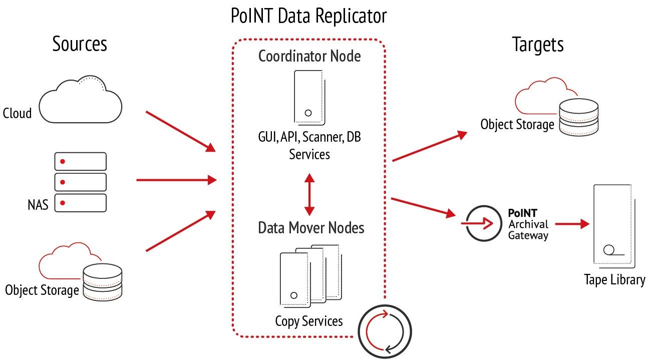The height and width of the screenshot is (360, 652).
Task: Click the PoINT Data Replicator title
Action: click(308, 16)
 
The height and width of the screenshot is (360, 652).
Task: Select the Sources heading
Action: click(80, 44)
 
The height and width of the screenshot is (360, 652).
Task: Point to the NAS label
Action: click(38, 204)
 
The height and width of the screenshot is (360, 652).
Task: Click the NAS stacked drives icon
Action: click(80, 182)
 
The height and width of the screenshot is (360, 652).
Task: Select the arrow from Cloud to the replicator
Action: click(180, 131)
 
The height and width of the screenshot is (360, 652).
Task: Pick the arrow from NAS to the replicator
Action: click(176, 179)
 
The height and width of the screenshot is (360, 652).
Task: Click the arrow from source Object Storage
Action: click(180, 231)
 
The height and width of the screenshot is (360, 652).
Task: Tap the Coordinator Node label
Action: click(309, 56)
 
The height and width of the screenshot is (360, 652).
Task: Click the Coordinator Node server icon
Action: click(308, 97)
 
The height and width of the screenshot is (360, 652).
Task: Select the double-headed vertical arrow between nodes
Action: click(309, 194)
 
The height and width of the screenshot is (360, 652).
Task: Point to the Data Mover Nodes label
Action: click(310, 228)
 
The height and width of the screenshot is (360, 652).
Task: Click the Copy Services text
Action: click(308, 321)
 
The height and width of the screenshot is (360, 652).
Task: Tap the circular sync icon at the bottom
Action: click(385, 331)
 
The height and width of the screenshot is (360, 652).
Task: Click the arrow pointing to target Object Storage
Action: click(429, 146)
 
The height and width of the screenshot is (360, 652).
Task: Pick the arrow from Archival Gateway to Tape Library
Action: click(571, 223)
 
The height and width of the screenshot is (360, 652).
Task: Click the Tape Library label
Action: click(614, 279)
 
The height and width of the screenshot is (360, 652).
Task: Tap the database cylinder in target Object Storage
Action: click(579, 117)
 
